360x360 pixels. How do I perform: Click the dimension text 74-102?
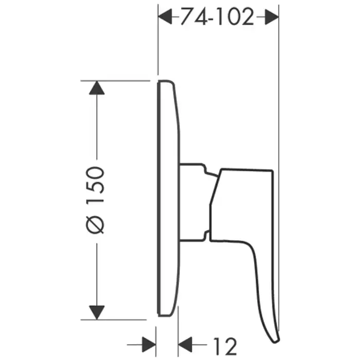pos(217,16)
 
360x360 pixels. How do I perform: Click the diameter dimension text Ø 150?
pos(95,200)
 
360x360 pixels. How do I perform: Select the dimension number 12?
pos(225,346)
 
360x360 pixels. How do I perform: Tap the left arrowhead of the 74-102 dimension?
pos(165,17)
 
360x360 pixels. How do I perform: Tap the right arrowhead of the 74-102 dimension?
pos(272,17)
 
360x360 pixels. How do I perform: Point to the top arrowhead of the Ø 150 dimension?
pos(97,88)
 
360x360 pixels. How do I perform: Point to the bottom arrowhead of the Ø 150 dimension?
pos(97,312)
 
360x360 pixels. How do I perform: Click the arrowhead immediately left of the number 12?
pos(185,345)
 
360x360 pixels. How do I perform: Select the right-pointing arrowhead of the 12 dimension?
pos(149,345)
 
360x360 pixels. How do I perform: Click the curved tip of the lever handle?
pos(276,340)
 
